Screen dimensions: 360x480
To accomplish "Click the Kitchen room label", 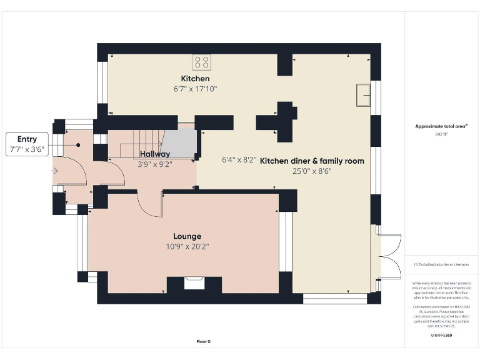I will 195,79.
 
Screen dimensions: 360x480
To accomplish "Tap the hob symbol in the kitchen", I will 202,61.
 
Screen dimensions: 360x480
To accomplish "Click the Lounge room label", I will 187,236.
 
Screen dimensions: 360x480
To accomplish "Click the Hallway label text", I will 154,154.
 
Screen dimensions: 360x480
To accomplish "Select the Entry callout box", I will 27,144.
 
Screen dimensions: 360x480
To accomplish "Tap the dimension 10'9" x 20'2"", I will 187,247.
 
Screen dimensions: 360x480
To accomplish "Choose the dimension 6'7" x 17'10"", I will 195,89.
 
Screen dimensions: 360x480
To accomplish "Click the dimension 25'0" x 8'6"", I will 312,171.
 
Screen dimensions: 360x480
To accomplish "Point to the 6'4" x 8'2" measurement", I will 238,160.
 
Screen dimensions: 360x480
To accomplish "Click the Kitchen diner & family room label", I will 312,161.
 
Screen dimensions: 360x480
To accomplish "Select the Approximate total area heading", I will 441,126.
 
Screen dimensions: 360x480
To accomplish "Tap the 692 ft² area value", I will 441,134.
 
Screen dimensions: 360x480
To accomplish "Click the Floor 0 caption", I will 204,341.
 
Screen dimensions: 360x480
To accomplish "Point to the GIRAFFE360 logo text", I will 441,336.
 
